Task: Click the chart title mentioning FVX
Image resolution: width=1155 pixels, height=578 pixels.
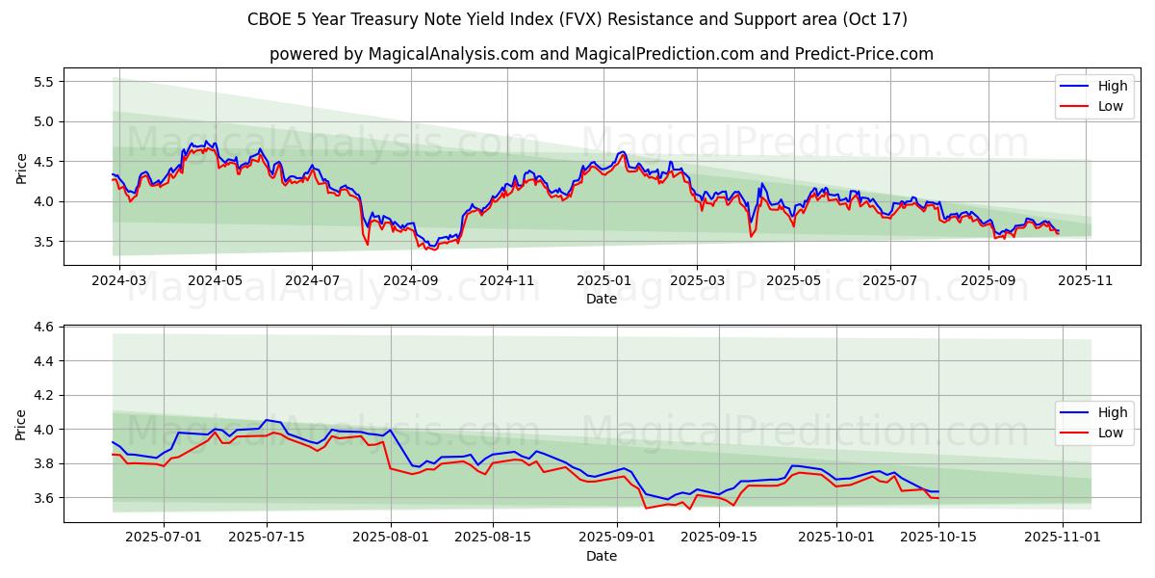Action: [577, 19]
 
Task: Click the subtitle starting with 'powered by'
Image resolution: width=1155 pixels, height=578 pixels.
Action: [602, 54]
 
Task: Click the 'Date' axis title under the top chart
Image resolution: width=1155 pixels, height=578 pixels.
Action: [602, 300]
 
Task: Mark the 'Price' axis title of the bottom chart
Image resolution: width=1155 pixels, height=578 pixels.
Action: [21, 424]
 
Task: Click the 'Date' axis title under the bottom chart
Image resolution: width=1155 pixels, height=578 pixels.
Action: [602, 556]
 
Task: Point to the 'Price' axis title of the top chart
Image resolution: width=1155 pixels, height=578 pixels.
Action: [21, 168]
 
